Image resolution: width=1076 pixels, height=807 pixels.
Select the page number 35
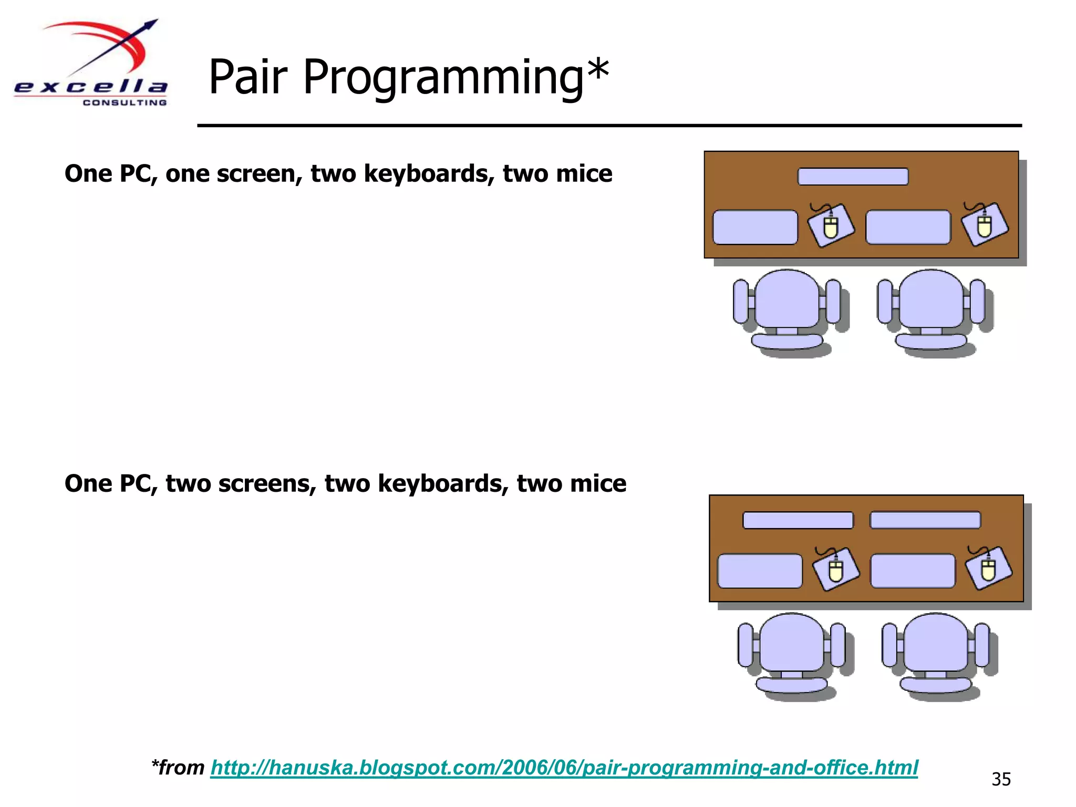click(1001, 779)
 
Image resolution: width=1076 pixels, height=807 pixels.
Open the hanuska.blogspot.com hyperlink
click(564, 768)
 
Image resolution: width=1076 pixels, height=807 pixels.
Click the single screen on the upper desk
click(853, 177)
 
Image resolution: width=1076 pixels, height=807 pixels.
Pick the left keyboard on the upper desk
click(755, 227)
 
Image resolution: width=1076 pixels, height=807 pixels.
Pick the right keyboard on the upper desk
click(908, 227)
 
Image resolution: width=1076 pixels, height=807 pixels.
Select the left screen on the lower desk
click(798, 520)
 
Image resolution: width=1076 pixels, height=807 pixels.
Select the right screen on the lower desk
click(925, 520)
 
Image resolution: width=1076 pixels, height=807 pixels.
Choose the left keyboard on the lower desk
click(760, 571)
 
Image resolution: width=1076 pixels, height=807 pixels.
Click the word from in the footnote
click(182, 768)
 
